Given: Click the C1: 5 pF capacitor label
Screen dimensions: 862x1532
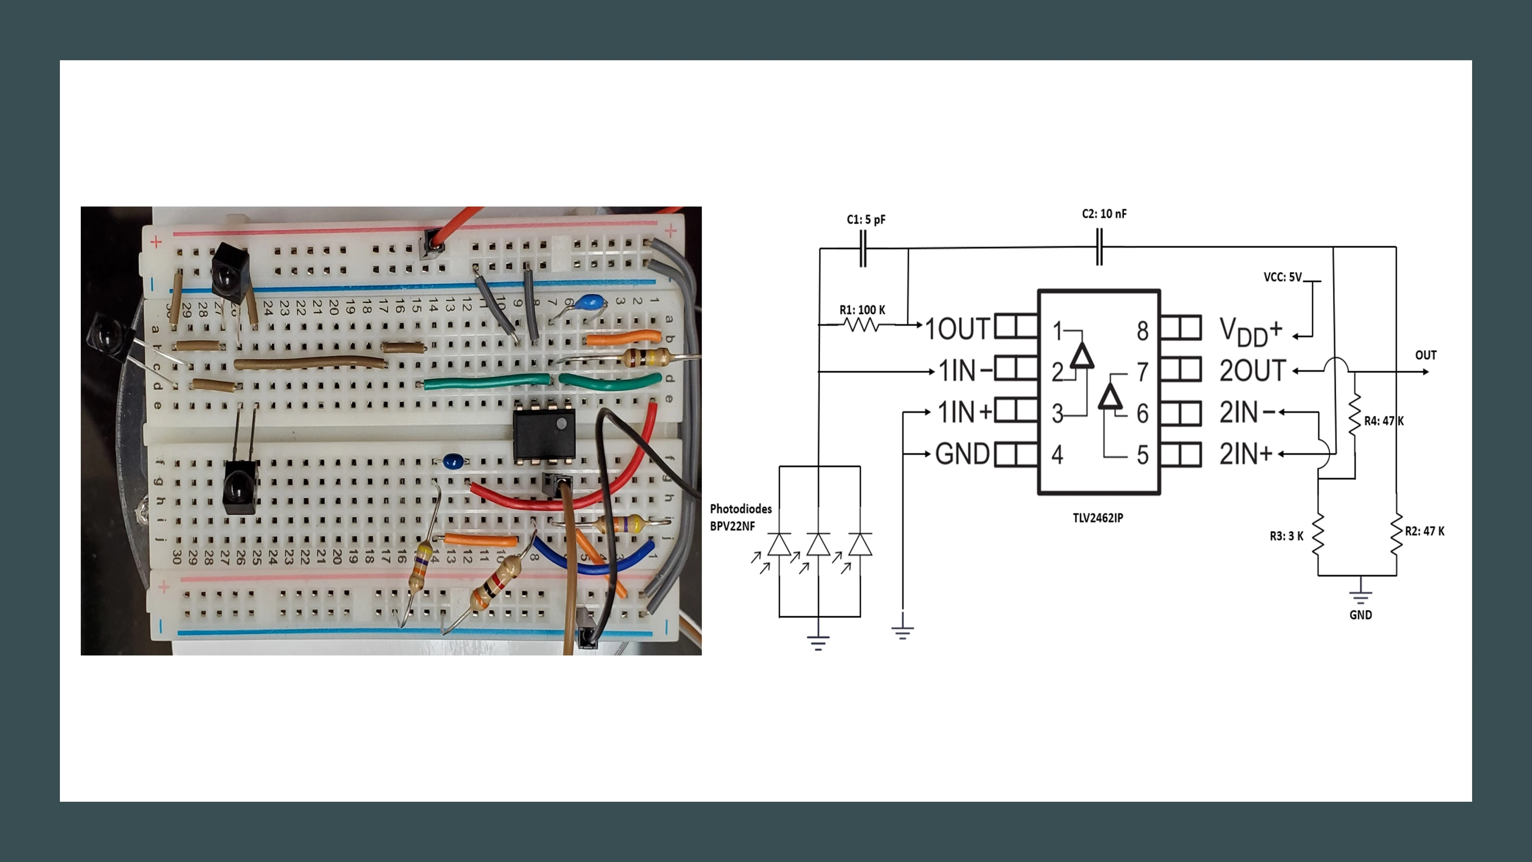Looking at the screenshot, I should pos(866,219).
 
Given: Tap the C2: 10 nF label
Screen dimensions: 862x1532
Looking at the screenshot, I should pos(1104,213).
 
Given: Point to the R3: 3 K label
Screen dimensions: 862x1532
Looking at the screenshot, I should pos(1287,536).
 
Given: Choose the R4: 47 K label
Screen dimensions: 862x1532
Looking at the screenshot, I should pos(1383,421).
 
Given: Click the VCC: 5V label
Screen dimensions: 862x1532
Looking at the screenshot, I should pos(1282,277).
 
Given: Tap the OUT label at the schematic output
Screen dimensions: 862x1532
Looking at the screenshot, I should pos(1425,355).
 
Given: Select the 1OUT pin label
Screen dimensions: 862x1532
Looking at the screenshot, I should pos(958,329).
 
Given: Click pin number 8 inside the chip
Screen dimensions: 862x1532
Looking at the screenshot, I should pos(1142,331).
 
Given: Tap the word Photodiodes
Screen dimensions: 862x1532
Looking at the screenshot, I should pos(741,508).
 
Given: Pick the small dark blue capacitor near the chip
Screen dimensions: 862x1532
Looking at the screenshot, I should pos(454,460).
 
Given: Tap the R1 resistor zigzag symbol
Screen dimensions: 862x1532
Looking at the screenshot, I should pos(861,325).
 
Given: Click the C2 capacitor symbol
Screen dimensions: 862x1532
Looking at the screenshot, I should pos(1099,248).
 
